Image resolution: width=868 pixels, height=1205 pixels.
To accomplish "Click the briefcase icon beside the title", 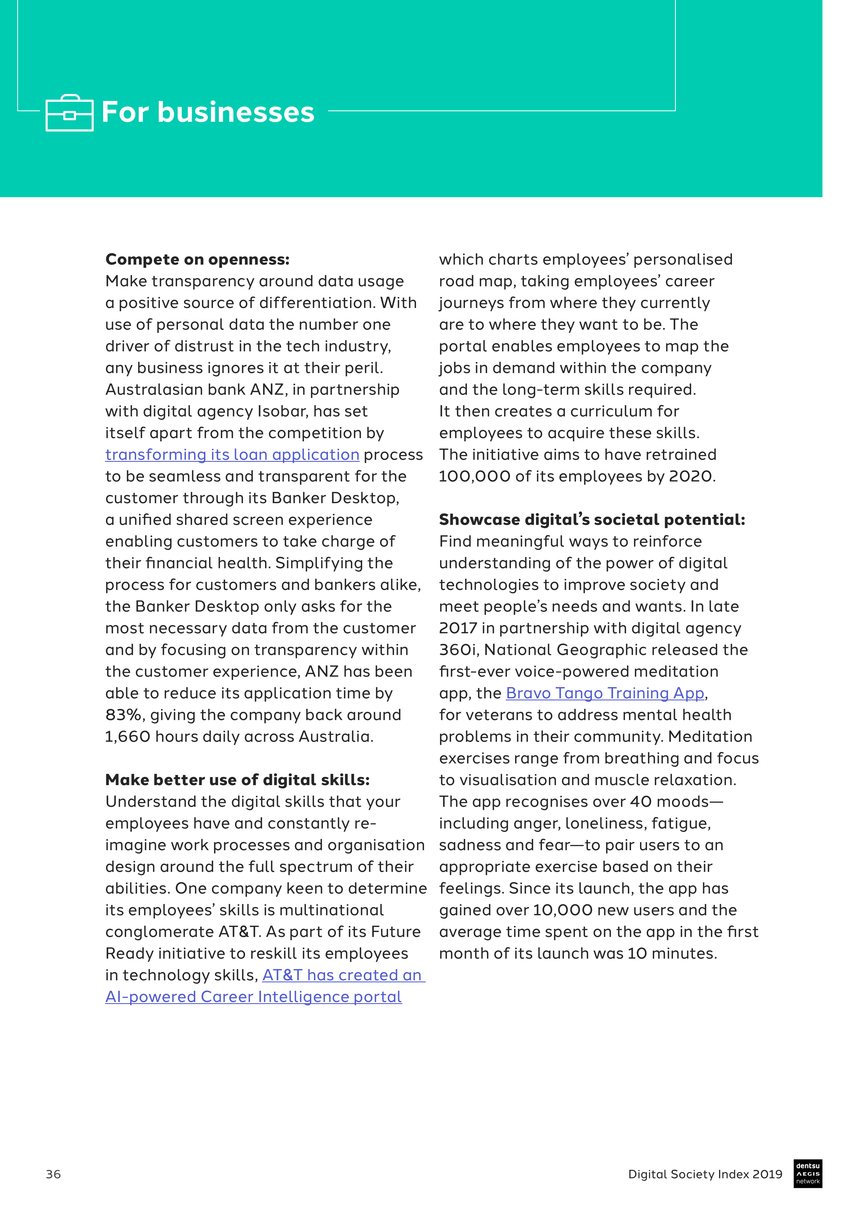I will (x=70, y=113).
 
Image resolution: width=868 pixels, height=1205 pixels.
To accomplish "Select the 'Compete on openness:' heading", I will (x=197, y=259).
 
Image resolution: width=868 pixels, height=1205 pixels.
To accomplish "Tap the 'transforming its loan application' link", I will (x=232, y=455).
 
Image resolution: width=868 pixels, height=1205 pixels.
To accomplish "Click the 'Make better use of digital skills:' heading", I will (x=237, y=780).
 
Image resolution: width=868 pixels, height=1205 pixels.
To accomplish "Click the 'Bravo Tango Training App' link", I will (x=605, y=693).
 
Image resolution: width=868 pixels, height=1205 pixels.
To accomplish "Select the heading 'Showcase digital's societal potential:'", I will (x=592, y=520).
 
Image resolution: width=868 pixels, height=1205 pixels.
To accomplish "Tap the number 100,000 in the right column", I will (x=475, y=477).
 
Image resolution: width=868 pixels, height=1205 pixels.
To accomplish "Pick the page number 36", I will (x=53, y=1174).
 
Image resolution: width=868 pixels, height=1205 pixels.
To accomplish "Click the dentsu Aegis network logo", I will (x=808, y=1173).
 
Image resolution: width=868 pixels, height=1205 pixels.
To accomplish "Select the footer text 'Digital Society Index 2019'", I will (x=705, y=1174).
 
